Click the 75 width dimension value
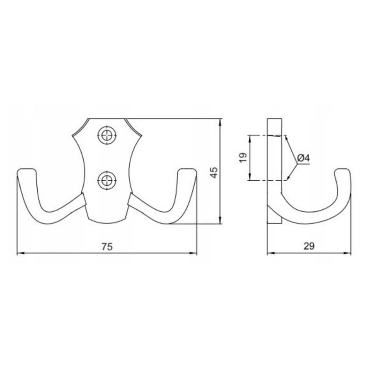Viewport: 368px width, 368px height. (x=107, y=247)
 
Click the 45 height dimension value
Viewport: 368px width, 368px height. (x=213, y=172)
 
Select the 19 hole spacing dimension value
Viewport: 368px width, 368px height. (x=243, y=157)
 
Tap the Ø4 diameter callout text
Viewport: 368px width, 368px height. (x=304, y=158)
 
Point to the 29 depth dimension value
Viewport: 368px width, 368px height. (x=309, y=246)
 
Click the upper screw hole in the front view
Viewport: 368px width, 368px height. (x=107, y=135)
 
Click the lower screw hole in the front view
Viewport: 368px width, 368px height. (x=107, y=180)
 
